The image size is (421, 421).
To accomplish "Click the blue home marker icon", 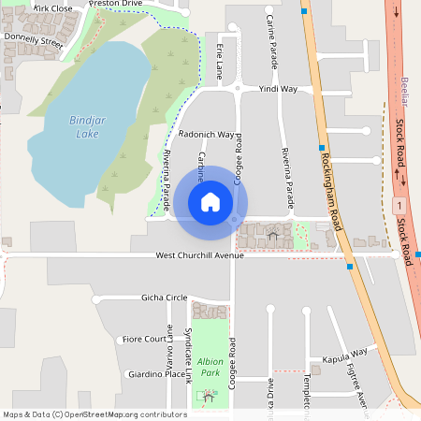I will click(210, 201).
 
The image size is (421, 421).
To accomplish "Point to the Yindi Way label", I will click(278, 90).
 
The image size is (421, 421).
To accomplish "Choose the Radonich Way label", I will click(206, 135).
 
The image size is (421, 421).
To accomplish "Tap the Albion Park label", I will click(209, 367).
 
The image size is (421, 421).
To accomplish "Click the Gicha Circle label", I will click(164, 298).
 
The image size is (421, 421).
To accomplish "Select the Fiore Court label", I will click(144, 339).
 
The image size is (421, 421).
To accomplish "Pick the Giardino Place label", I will click(155, 374).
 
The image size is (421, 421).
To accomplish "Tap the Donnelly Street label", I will click(33, 41).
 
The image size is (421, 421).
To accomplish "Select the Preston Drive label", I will click(116, 4).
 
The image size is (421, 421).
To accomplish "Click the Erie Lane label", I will click(221, 58).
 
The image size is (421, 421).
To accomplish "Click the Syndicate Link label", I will click(188, 356).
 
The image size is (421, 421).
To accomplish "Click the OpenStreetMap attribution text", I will click(94, 414).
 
